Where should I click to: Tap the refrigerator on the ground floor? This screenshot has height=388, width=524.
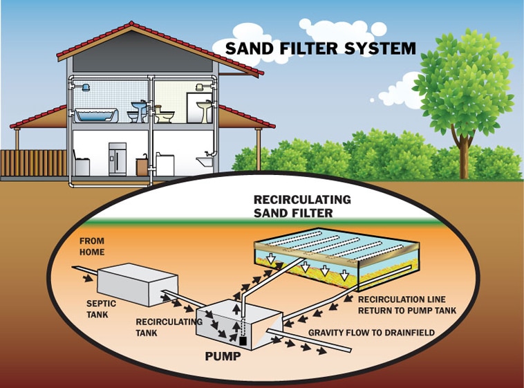click(118, 159)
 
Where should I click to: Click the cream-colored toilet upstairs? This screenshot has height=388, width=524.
click(163, 114)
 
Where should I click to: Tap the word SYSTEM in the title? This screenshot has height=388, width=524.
click(384, 48)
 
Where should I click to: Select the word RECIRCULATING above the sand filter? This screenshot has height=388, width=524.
click(302, 199)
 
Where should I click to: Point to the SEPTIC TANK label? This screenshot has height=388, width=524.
click(101, 308)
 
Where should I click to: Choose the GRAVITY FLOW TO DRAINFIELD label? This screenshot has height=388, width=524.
click(371, 333)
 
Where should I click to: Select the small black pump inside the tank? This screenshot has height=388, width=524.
click(243, 340)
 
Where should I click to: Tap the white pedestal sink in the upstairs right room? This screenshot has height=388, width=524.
click(205, 109)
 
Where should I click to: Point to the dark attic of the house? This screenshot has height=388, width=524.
click(142, 62)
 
